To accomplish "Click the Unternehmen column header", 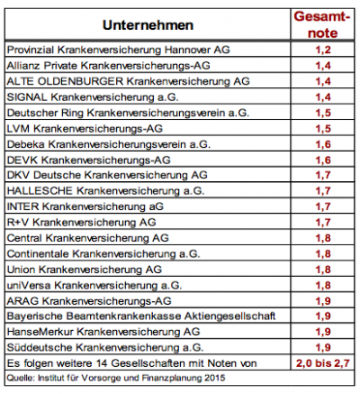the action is pyautogui.click(x=148, y=25).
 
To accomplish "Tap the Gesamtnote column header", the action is pyautogui.click(x=322, y=24).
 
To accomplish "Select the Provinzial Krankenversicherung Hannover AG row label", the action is pyautogui.click(x=119, y=50).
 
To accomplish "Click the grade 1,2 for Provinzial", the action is pyautogui.click(x=323, y=50).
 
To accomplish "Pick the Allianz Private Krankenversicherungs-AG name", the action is pyautogui.click(x=108, y=66).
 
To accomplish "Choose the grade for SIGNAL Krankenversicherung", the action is pyautogui.click(x=323, y=97).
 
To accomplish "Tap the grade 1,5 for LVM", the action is pyautogui.click(x=323, y=129).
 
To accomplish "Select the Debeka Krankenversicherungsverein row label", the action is pyautogui.click(x=109, y=144).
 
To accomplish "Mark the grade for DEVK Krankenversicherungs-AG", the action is pyautogui.click(x=323, y=160).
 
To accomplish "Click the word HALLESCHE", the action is pyautogui.click(x=40, y=191).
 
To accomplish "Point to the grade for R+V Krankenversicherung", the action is pyautogui.click(x=323, y=223).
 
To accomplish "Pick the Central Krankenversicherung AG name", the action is pyautogui.click(x=88, y=238).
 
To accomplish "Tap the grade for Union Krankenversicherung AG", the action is pyautogui.click(x=323, y=270).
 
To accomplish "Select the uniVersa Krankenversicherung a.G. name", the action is pyautogui.click(x=94, y=285).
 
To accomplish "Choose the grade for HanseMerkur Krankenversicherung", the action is pyautogui.click(x=323, y=332).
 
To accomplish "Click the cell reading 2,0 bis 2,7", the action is pyautogui.click(x=323, y=363).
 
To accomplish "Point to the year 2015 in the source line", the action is pyautogui.click(x=215, y=378).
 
